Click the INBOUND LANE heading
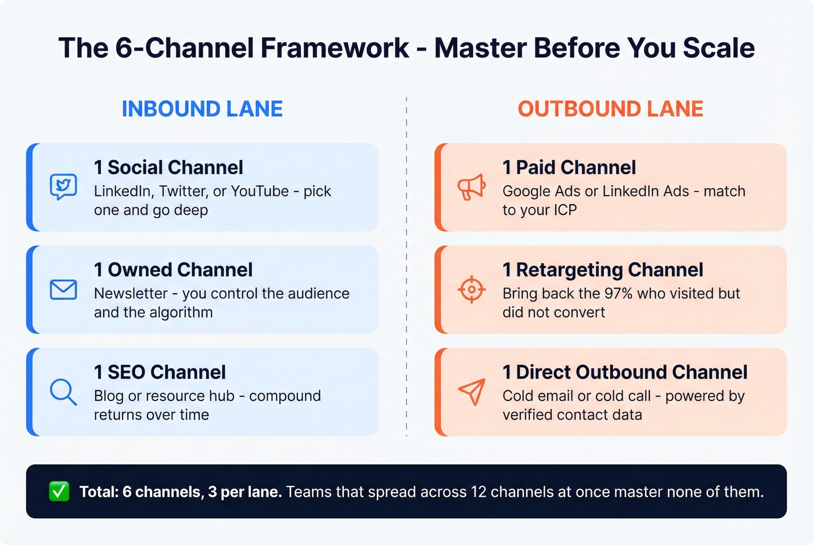point(202,109)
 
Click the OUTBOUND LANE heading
point(610,109)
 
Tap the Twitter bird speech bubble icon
point(63,186)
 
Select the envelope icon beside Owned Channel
point(63,290)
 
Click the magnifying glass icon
point(63,392)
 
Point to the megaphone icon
point(472,187)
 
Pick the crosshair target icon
point(472,290)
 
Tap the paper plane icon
point(472,392)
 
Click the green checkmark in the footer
point(59,492)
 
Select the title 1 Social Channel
point(168,168)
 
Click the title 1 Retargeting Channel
point(603,270)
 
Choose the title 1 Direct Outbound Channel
point(625,372)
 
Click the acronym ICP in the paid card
point(565,210)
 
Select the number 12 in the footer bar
point(478,492)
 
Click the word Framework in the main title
point(334,48)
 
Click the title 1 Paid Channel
point(569,168)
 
